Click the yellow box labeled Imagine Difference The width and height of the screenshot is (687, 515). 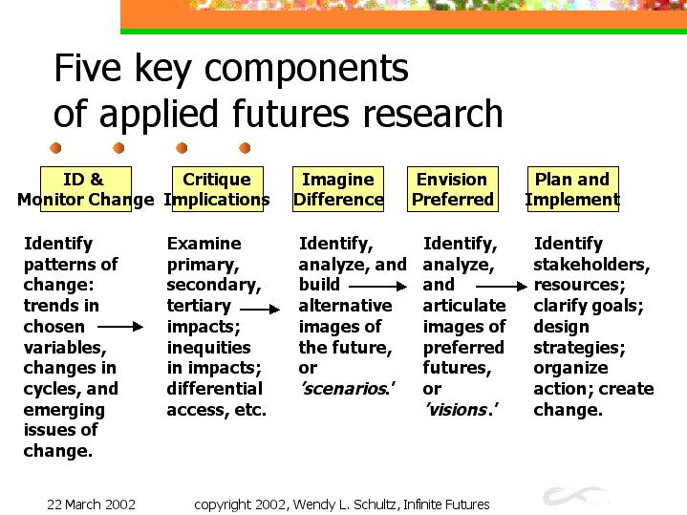338,189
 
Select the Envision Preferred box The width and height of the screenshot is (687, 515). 453,189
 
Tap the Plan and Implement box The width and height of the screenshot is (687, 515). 573,189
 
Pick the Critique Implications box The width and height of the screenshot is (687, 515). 218,189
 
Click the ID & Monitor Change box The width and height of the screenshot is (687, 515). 86,189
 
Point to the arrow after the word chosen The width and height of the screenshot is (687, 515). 120,327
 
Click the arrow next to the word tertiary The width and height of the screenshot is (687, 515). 260,310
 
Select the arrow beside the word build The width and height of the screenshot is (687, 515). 377,287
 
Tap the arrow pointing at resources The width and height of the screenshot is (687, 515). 502,287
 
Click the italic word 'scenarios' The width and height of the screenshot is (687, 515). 348,388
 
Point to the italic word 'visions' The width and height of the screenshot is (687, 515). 461,409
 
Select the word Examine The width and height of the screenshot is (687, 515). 204,244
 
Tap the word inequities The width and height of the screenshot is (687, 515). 208,348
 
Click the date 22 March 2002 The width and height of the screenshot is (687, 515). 91,504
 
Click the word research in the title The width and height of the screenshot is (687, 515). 433,114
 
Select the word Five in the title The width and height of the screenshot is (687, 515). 87,68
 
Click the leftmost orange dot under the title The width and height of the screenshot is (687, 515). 55,148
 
